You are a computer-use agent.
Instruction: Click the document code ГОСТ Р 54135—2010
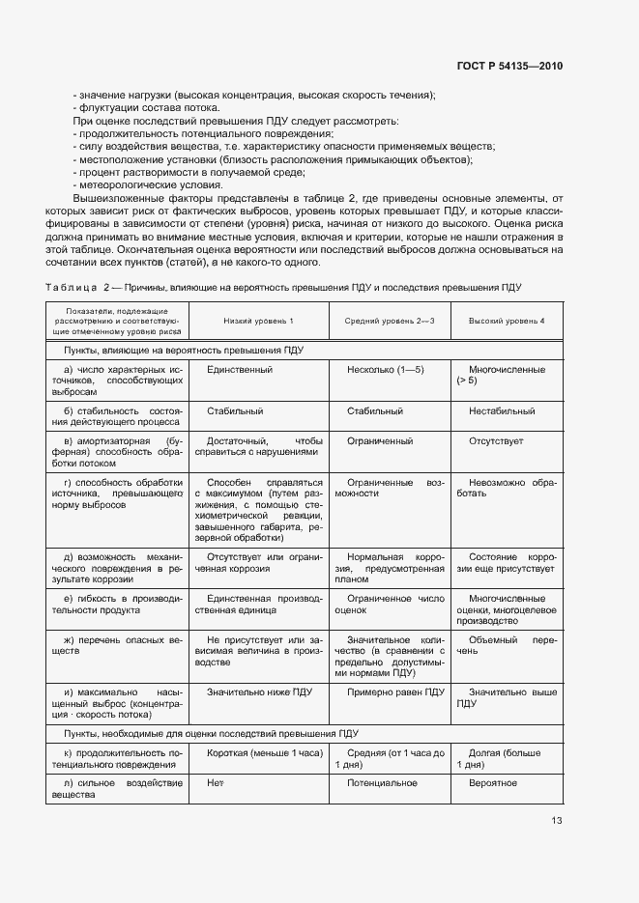(508, 67)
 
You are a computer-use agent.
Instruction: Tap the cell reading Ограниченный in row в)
(380, 440)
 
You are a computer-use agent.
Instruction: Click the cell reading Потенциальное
(382, 782)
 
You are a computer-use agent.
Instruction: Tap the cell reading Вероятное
(493, 782)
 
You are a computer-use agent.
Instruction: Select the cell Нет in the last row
(215, 782)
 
